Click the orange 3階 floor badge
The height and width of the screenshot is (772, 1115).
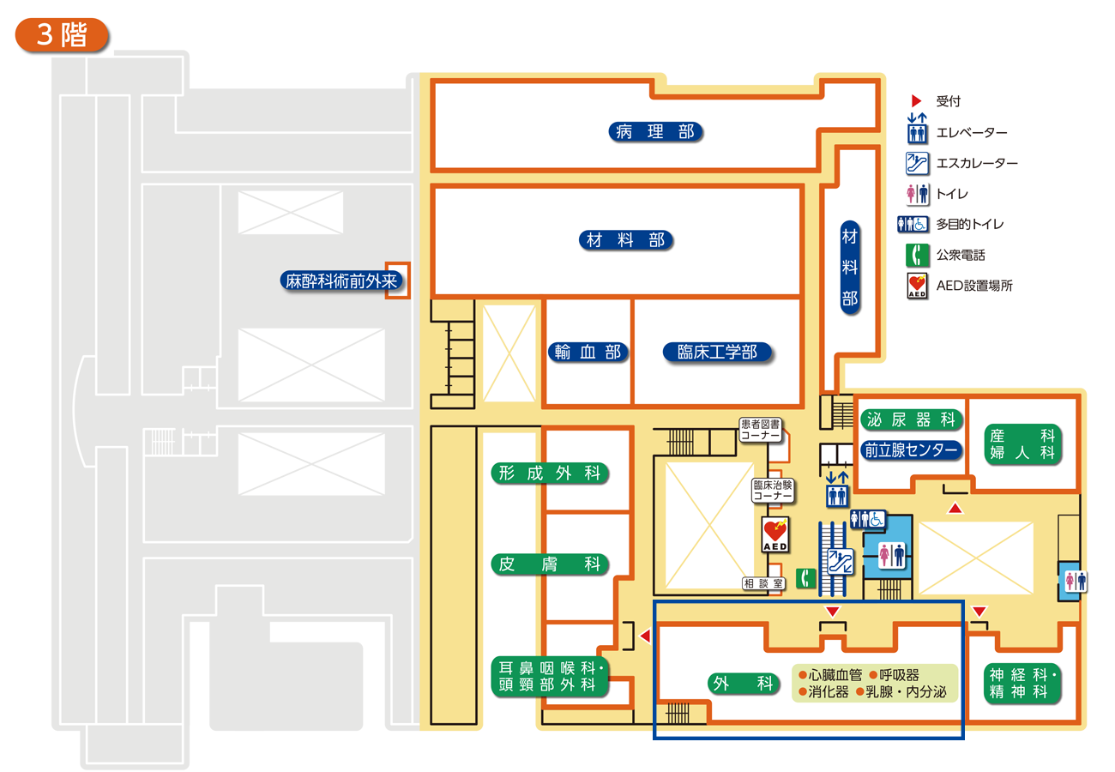pos(62,34)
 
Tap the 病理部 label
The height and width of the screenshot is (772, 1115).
pos(655,131)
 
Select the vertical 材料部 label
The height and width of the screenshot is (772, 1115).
pos(849,267)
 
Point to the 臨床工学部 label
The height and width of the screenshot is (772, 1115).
pos(717,352)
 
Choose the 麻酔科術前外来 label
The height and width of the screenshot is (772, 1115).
pos(342,280)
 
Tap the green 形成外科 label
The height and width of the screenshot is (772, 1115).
pos(549,473)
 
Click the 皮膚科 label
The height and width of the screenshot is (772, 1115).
pos(549,564)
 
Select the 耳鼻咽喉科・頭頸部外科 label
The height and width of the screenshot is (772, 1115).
pos(549,676)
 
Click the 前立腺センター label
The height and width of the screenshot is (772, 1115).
pos(911,450)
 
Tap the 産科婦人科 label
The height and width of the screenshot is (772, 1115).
pos(1022,443)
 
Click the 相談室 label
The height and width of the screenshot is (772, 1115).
pos(763,583)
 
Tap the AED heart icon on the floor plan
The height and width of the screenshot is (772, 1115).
pos(775,531)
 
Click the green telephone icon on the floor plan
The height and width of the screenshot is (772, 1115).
pos(805,579)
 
